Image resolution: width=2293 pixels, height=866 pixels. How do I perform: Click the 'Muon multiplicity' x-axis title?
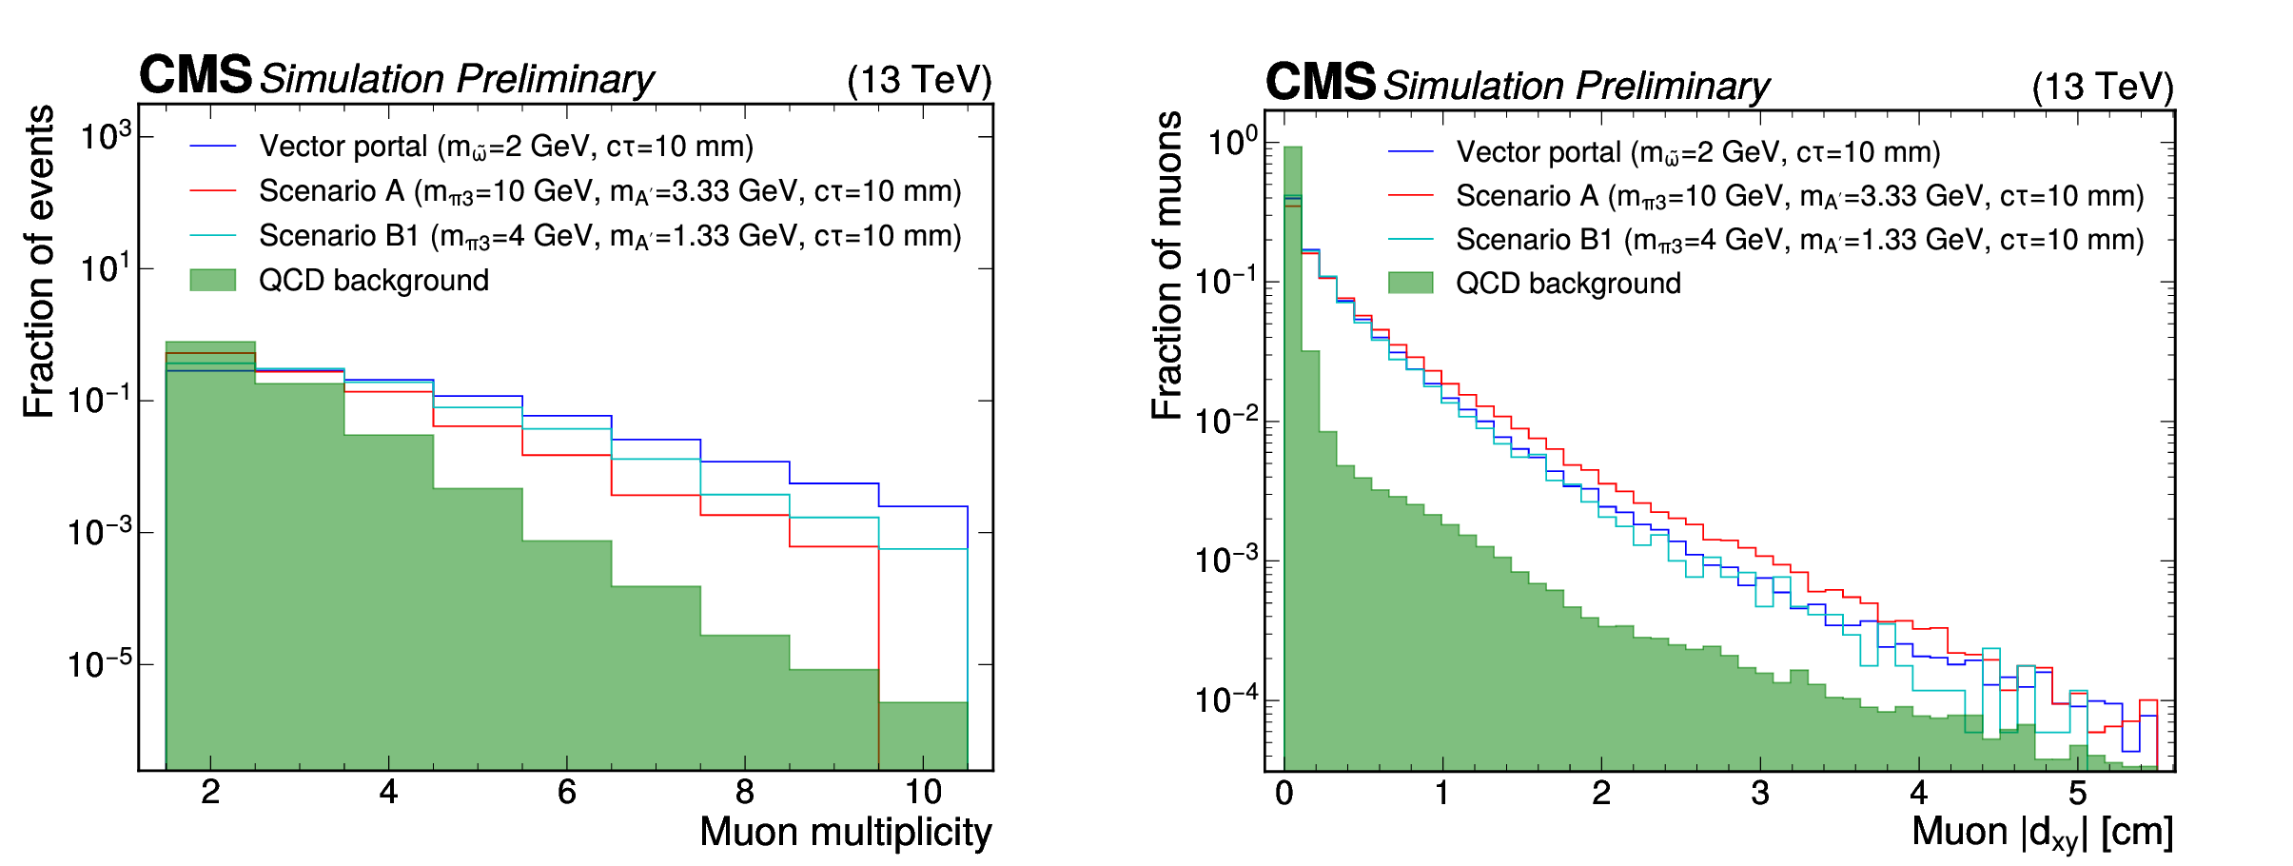tap(845, 832)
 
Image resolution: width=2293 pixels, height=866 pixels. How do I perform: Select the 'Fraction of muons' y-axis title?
tap(1166, 266)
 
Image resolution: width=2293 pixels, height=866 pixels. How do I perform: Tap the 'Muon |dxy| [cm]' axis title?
tap(2042, 833)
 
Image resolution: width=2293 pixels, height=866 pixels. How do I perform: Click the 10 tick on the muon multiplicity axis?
tap(923, 792)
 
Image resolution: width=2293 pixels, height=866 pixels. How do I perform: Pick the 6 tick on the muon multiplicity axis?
tap(567, 792)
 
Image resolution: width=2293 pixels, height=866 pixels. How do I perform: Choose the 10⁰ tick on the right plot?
tap(1231, 144)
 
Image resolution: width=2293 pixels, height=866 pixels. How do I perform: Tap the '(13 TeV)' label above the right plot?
tap(2103, 87)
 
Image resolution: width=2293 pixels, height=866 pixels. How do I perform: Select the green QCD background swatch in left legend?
tap(212, 280)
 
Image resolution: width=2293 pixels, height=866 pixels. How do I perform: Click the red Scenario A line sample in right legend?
tap(1410, 195)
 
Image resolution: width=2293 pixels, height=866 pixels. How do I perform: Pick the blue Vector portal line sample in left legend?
tap(212, 146)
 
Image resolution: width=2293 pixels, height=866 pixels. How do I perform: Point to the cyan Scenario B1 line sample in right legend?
tap(1410, 239)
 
